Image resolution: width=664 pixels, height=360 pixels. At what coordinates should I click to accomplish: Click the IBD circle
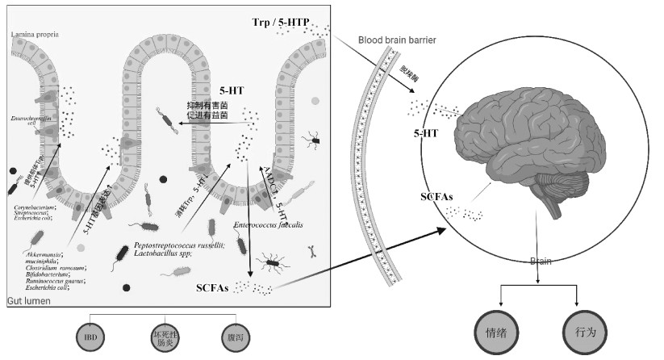90,335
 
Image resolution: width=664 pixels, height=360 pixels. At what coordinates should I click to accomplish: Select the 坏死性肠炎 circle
164,335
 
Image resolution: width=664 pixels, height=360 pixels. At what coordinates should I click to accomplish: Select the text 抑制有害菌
207,105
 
